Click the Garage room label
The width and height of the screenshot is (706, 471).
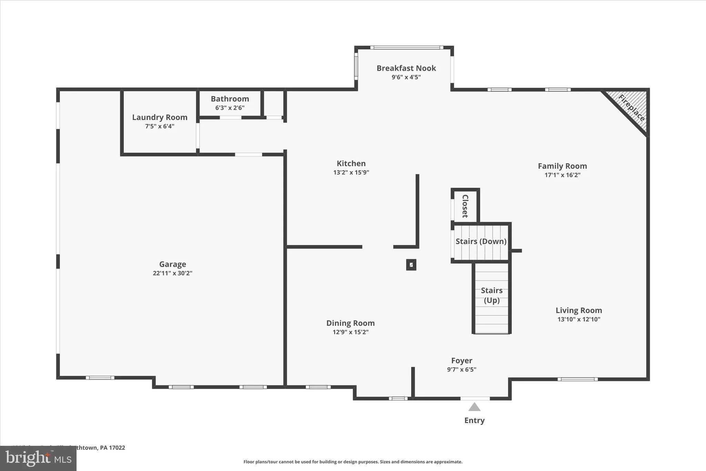pos(172,264)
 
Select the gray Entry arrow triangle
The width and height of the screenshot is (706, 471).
pos(474,407)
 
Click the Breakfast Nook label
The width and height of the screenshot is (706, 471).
pos(406,68)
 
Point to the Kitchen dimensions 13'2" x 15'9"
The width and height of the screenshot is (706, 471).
pos(351,172)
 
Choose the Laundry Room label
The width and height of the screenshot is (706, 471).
pos(160,117)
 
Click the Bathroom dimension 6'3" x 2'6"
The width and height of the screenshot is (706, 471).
pos(230,108)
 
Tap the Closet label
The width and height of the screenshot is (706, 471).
pos(465,206)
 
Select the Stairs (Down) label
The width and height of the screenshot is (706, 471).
pos(481,241)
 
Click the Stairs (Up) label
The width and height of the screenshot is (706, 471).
pos(492,295)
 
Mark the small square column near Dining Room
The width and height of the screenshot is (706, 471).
pos(411,265)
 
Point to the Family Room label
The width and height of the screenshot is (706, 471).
pos(562,166)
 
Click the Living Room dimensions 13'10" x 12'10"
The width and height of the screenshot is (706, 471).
pos(579,319)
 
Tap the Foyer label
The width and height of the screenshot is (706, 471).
pos(462,361)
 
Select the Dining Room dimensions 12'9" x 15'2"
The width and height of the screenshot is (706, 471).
pos(350,332)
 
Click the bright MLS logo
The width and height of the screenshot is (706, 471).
pos(38,458)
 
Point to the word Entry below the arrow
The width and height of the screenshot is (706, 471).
pos(474,420)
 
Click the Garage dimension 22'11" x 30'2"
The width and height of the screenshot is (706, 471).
pos(172,273)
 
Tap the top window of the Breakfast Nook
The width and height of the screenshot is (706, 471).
pos(407,48)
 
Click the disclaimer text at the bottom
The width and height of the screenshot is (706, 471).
pos(353,462)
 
